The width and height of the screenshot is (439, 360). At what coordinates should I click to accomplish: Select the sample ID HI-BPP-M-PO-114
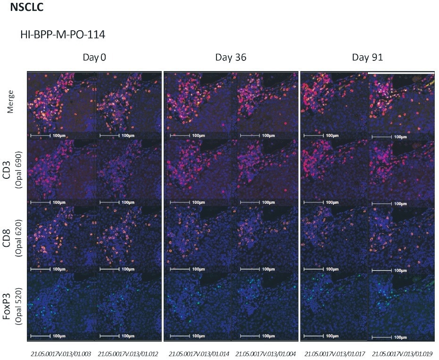(x=62, y=34)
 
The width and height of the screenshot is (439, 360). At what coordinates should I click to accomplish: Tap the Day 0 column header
(x=94, y=58)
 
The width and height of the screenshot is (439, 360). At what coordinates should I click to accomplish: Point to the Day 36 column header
(x=231, y=58)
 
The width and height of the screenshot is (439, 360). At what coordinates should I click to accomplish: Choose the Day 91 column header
(x=367, y=58)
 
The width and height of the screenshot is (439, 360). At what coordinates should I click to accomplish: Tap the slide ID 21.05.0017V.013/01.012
(x=128, y=353)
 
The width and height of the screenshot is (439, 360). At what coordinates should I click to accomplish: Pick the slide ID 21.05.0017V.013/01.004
(x=265, y=353)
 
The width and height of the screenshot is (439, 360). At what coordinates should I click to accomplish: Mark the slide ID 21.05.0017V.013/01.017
(x=335, y=353)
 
